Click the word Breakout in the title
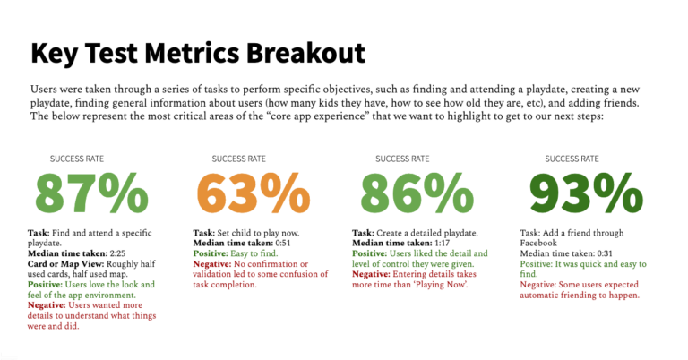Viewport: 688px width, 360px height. [x=294, y=53]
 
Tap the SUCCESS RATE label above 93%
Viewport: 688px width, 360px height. [x=569, y=159]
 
